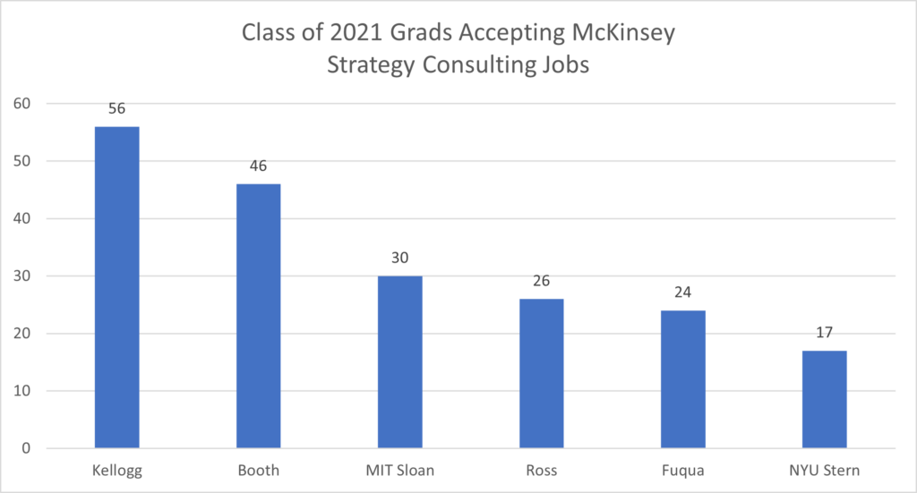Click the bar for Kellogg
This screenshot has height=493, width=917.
116,287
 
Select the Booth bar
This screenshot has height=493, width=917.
258,316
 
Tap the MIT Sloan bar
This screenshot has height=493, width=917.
399,361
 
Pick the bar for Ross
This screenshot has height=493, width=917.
541,373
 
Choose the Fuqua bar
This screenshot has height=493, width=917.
682,379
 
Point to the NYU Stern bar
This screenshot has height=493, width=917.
824,399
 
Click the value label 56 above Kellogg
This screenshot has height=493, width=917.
116,108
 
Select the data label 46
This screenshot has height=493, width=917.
258,166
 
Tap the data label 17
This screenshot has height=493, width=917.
824,333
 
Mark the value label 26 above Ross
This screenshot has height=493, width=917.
541,281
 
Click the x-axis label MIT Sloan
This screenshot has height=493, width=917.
399,471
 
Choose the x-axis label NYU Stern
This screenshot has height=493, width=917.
824,471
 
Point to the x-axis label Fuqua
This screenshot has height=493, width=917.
682,471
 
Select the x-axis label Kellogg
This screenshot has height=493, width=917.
116,471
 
